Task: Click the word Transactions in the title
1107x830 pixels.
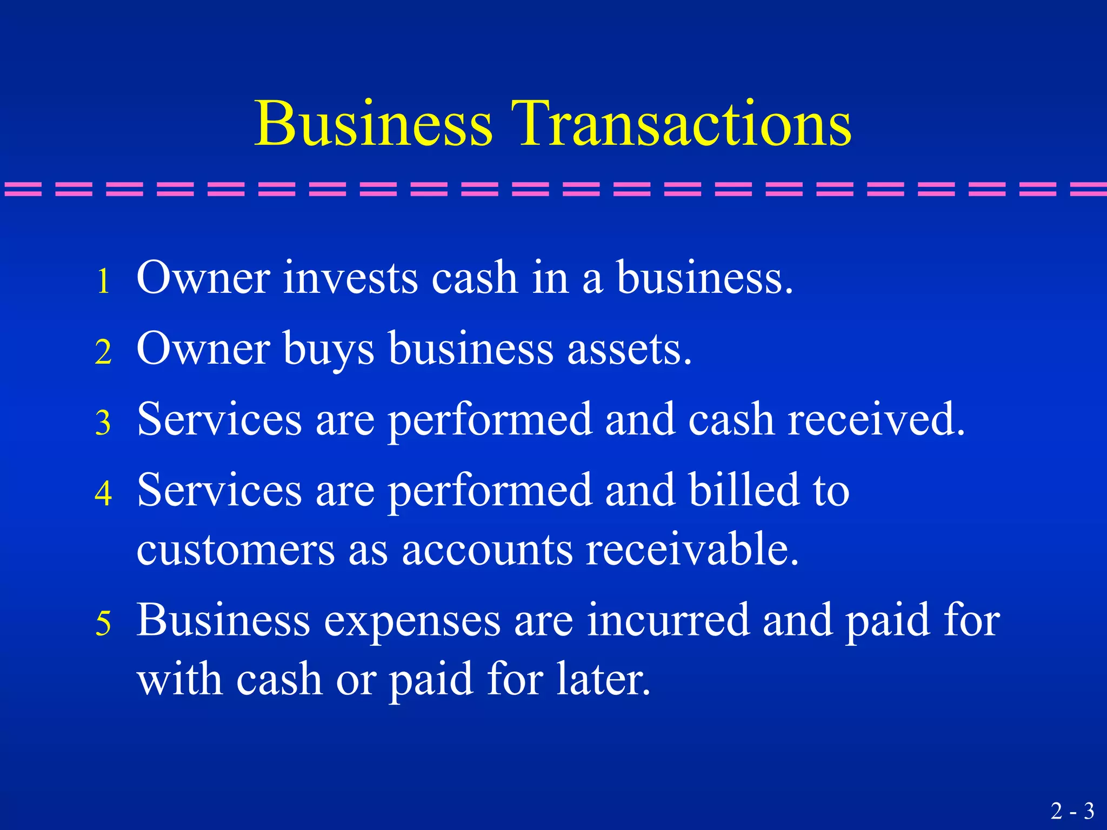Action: coord(684,124)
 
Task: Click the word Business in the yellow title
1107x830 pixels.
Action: coord(374,124)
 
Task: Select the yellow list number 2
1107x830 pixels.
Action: coord(103,352)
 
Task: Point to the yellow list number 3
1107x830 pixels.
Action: coord(103,423)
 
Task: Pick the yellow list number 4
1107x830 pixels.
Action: coord(103,493)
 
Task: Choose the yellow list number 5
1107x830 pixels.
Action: coord(103,622)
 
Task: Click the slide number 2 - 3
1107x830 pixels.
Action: coord(1072,811)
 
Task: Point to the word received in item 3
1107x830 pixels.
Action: coord(876,419)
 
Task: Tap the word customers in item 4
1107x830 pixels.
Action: coord(236,550)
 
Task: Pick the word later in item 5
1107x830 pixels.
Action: coord(603,679)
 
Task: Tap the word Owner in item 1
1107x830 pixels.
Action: coord(203,278)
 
